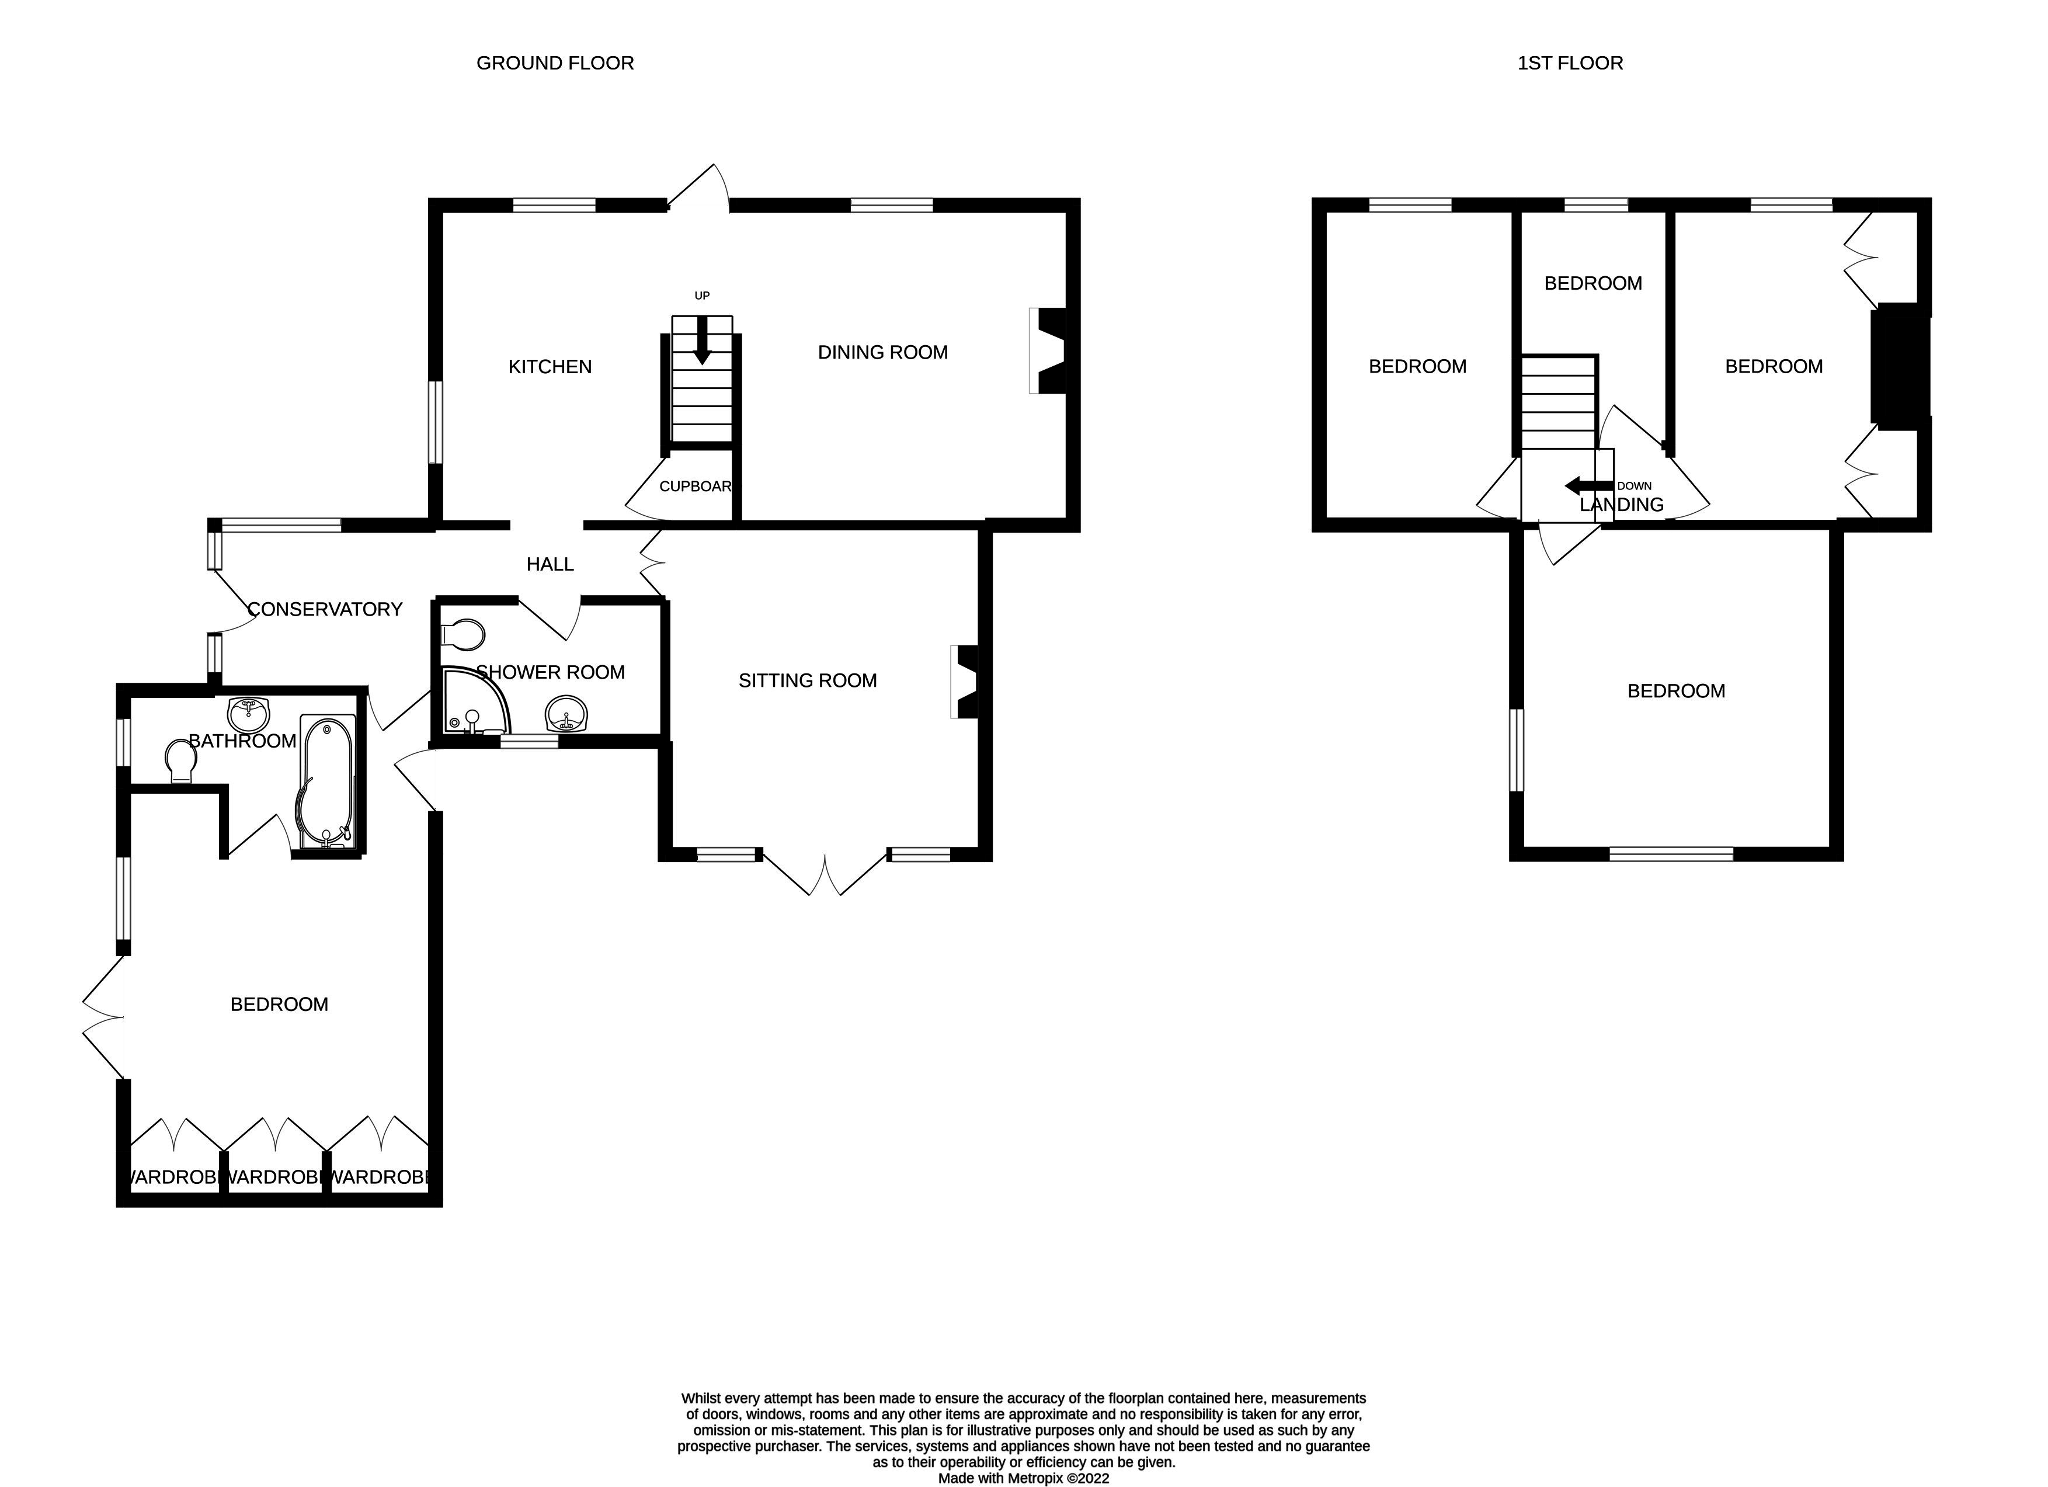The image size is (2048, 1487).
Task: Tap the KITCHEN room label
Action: [x=550, y=367]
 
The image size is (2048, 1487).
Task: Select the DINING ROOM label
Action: [x=882, y=352]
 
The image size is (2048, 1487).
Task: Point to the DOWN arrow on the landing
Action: [x=1587, y=486]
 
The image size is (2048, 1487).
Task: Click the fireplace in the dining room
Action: [x=1049, y=351]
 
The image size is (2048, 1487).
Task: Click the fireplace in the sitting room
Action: [x=966, y=681]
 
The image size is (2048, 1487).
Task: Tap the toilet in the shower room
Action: [x=464, y=634]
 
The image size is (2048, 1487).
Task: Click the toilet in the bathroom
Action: [x=182, y=761]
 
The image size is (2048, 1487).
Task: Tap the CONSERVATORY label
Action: [x=325, y=609]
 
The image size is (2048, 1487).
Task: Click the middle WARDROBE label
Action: [x=274, y=1177]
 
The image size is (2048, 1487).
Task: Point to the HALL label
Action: [x=550, y=564]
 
